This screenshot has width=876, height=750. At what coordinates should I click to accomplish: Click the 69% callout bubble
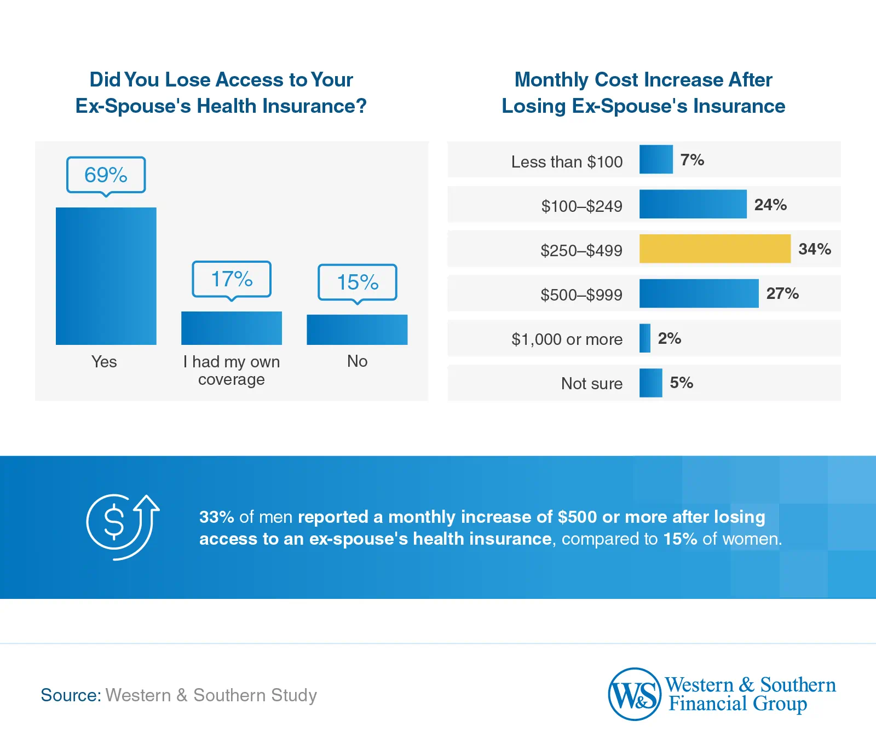tap(106, 175)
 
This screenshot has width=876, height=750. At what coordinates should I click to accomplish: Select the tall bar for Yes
tap(106, 276)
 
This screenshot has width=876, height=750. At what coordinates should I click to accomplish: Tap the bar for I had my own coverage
tap(231, 328)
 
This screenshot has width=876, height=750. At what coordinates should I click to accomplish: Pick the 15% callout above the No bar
tap(357, 282)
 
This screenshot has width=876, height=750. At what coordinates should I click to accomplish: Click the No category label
tap(357, 361)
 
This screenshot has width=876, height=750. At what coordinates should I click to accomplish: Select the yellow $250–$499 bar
tap(714, 249)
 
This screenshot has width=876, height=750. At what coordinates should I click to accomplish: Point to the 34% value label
tap(814, 249)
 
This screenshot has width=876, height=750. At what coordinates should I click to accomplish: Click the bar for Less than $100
tap(655, 159)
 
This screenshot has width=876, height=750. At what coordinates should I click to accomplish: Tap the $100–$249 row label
tap(581, 206)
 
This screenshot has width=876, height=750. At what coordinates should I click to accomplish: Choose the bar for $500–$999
tap(699, 293)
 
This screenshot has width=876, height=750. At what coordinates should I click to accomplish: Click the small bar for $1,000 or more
tap(644, 338)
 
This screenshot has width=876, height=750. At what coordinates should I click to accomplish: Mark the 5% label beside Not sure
tap(681, 383)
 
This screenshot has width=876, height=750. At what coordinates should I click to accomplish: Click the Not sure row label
tap(591, 383)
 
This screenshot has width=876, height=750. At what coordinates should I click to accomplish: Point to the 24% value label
tap(770, 205)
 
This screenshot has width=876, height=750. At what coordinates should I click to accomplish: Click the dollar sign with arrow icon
tap(122, 527)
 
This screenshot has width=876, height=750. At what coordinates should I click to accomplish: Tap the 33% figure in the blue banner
tap(216, 517)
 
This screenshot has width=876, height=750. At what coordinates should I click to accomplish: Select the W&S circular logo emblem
tap(635, 694)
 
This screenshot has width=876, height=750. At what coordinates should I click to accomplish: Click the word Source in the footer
tap(70, 695)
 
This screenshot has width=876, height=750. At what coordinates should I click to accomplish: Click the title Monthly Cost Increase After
tap(643, 80)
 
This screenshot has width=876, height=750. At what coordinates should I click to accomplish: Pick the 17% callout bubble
tap(231, 279)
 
